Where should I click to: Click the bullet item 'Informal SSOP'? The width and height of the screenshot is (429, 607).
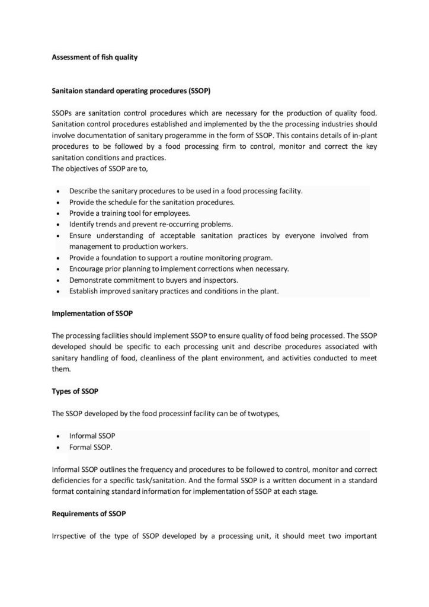pos(92,435)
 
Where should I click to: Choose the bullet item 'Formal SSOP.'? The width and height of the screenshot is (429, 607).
pos(91,446)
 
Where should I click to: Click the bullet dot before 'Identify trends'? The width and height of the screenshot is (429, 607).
pos(56,225)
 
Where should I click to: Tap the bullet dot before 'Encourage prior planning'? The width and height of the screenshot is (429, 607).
pos(56,269)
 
